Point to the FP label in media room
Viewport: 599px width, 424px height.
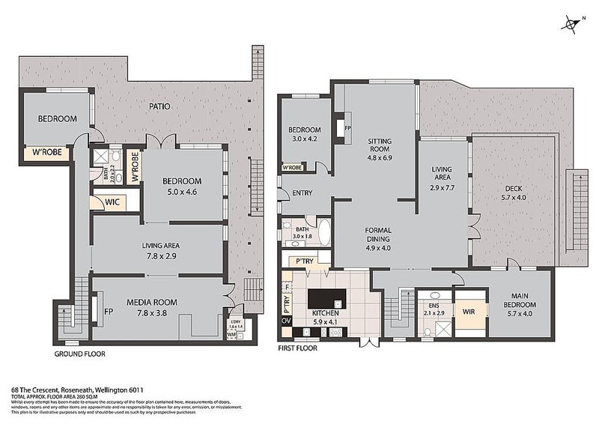pos(109,311)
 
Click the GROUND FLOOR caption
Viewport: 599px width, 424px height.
pos(79,353)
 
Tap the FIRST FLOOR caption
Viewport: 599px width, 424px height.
pos(297,348)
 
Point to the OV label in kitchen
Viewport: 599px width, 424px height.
pos(285,321)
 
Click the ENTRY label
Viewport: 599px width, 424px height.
pos(302,193)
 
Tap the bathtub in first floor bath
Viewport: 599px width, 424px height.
pos(323,234)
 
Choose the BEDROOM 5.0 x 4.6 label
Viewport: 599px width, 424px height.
pos(183,185)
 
